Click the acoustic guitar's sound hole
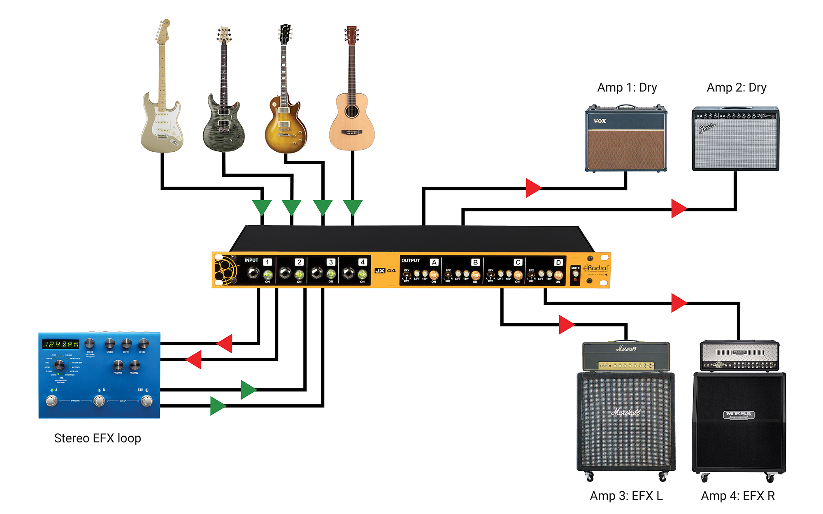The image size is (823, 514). point(352,111)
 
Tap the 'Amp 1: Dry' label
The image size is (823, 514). point(627,88)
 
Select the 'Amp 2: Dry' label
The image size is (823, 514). point(736,88)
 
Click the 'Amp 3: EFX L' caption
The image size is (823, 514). point(626,496)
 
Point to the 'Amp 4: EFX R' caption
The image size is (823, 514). point(737,496)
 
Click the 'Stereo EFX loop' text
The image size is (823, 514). point(98,438)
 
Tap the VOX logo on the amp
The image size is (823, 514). point(600,121)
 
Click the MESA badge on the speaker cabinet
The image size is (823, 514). point(739,415)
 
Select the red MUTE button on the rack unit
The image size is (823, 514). point(575,279)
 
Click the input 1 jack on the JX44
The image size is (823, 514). point(253,273)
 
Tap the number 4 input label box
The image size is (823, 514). point(363,262)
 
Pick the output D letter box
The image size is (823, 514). point(558,262)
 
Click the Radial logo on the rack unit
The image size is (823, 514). point(597,269)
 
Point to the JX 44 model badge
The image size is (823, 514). point(385,271)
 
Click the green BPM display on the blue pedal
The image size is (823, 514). point(61,344)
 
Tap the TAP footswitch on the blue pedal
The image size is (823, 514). point(146,401)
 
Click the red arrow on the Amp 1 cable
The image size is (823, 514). point(533,188)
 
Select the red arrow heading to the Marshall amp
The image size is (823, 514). point(566,324)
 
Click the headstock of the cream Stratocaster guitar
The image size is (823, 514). point(163,31)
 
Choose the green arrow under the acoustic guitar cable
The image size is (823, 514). point(353,207)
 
